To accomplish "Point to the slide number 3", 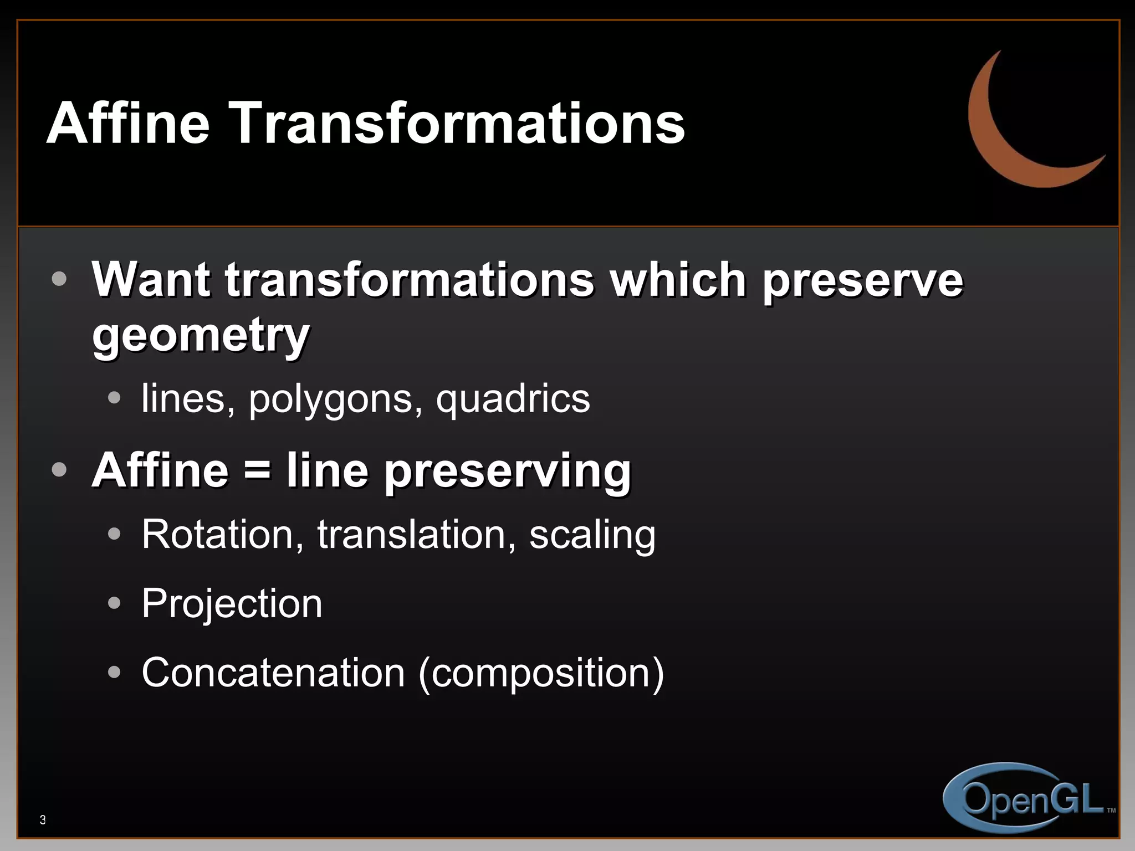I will point(43,820).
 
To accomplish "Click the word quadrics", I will point(513,399).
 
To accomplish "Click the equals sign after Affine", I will point(257,470).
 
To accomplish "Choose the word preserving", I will point(507,471).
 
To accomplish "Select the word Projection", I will point(232,604).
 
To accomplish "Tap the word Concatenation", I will point(273,673).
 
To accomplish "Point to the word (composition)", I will point(541,674).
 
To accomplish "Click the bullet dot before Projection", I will point(114,603).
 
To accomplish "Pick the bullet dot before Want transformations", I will point(59,278).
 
